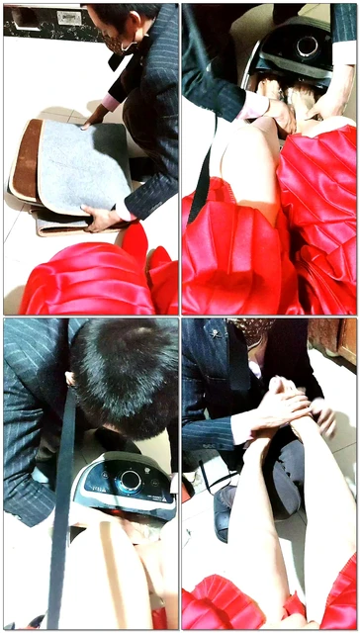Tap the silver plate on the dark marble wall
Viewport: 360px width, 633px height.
(x=69, y=17)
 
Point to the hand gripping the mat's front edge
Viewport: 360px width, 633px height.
(x=100, y=218)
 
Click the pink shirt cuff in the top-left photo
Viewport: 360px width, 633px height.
(x=109, y=102)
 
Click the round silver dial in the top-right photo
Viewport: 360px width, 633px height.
(x=308, y=45)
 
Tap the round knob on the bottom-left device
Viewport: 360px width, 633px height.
(x=129, y=482)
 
